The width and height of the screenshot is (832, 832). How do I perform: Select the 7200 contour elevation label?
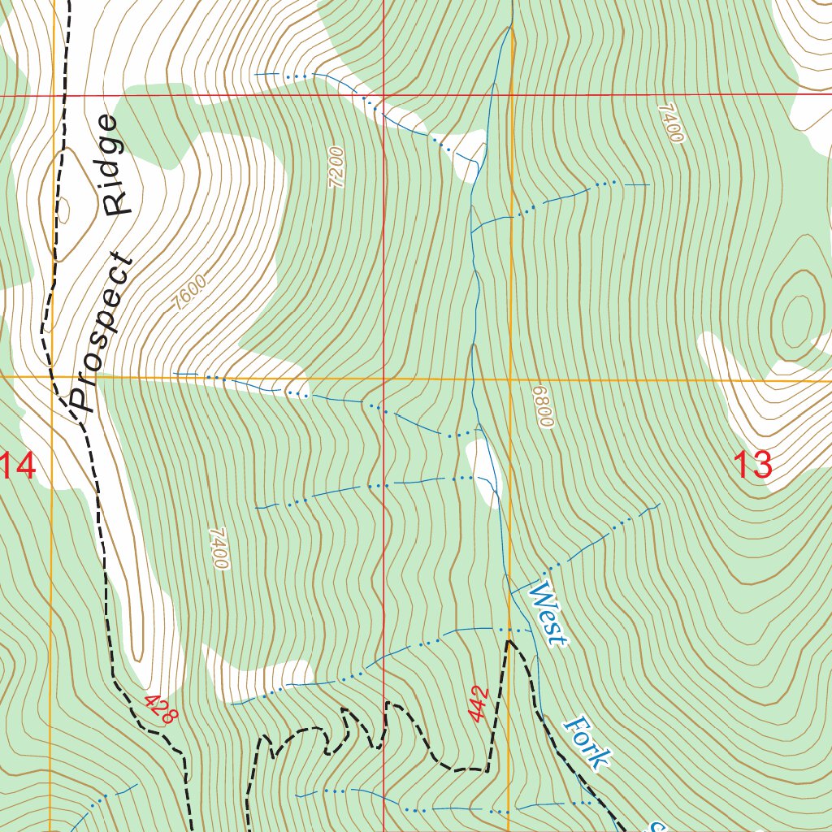336,167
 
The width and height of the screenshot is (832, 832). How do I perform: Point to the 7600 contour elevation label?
190,293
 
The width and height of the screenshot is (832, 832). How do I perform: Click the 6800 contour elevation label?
543,406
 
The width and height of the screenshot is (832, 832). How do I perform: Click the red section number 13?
752,466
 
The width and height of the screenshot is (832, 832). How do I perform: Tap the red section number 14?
18,467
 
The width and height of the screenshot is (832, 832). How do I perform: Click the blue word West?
547,613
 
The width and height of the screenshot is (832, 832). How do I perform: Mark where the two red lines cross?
383,95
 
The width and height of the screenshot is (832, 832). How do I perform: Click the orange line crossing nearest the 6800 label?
510,379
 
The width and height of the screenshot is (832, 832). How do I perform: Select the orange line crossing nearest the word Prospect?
53,377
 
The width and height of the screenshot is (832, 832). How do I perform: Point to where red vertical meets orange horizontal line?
383,378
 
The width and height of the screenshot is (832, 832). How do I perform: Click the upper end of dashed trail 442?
509,641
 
